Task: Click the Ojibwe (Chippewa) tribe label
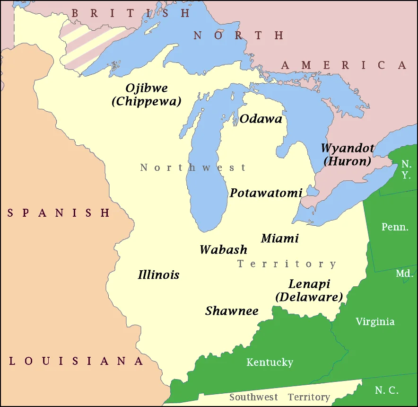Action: click(x=147, y=95)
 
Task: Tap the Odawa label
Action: click(x=261, y=119)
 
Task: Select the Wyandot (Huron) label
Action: click(x=348, y=154)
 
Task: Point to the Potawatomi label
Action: click(x=266, y=193)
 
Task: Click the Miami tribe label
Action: click(x=280, y=238)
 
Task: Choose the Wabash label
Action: click(x=223, y=249)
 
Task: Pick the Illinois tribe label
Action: click(x=158, y=274)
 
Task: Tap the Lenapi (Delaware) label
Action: click(x=309, y=291)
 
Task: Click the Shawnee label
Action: click(x=232, y=311)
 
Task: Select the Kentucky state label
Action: click(x=270, y=363)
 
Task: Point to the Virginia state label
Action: click(x=375, y=322)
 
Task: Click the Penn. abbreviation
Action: click(x=395, y=227)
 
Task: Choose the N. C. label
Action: click(x=387, y=390)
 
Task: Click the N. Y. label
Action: click(x=406, y=169)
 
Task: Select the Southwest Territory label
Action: click(x=279, y=397)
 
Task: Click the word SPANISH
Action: click(x=59, y=213)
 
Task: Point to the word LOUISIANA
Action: click(x=76, y=361)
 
